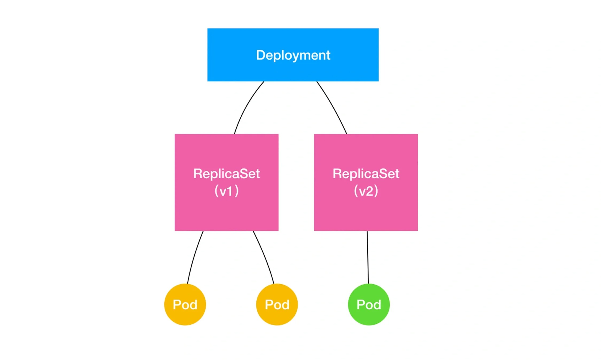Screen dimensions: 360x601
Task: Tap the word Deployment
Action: pyautogui.click(x=293, y=55)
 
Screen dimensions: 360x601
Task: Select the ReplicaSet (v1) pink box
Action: pyautogui.click(x=226, y=211)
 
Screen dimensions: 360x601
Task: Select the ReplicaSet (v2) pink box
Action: pyautogui.click(x=366, y=211)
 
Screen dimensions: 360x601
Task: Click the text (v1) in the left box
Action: pyautogui.click(x=226, y=191)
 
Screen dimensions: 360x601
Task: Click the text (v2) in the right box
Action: pyautogui.click(x=366, y=191)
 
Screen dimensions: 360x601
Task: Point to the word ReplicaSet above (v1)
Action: pyautogui.click(x=226, y=174)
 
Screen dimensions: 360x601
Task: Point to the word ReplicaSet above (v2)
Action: pyautogui.click(x=366, y=174)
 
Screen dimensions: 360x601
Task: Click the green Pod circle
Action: pyautogui.click(x=369, y=317)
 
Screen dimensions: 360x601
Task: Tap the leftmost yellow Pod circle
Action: pyautogui.click(x=185, y=317)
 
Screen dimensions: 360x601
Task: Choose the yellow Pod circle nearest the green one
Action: pyautogui.click(x=277, y=317)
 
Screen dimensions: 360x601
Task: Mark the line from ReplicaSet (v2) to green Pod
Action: pyautogui.click(x=368, y=257)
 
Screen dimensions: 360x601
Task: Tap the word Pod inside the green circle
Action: pyautogui.click(x=369, y=305)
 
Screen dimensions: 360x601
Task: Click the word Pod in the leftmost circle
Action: pyautogui.click(x=185, y=305)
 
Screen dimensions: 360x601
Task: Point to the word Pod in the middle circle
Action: pyautogui.click(x=277, y=305)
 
